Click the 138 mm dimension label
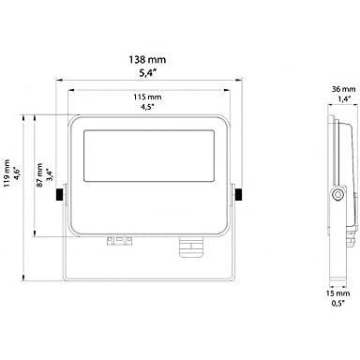pos(147,59)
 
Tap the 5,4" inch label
pos(147,73)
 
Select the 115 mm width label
pos(147,97)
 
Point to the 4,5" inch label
pos(147,107)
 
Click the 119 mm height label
pos(7,173)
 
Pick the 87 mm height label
pos(39,175)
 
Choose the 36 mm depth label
pos(343,89)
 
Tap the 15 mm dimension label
pos(337,293)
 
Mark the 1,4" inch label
pos(344,98)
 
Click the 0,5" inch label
pos(337,303)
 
